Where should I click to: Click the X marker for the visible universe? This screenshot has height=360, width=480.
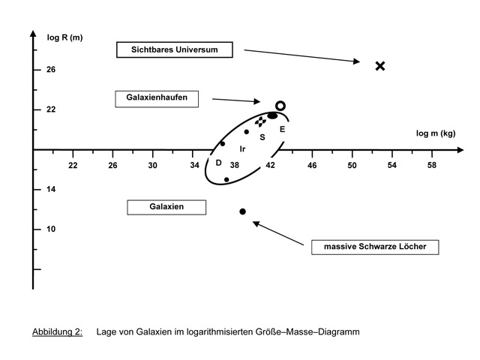click(x=380, y=66)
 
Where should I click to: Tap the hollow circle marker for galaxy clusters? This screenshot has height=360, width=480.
click(x=280, y=106)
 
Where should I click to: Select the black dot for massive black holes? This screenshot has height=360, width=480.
click(x=242, y=211)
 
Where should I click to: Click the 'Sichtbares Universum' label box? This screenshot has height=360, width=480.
click(x=175, y=49)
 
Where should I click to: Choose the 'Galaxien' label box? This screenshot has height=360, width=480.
click(x=166, y=206)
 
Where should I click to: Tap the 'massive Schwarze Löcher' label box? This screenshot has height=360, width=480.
click(x=374, y=246)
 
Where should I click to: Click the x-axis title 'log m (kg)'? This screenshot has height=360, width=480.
click(x=436, y=133)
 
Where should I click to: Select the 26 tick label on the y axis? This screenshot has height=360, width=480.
click(x=52, y=70)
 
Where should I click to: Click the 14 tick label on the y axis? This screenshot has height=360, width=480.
click(x=52, y=189)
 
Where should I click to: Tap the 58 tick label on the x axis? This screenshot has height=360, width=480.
click(x=432, y=164)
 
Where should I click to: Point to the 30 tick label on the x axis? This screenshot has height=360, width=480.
click(x=153, y=164)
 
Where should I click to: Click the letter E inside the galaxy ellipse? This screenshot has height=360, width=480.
click(x=283, y=129)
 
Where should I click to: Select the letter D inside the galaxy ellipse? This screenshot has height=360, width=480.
click(x=218, y=163)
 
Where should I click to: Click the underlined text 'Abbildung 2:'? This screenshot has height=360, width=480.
click(x=57, y=331)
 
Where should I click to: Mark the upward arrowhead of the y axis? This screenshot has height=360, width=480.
click(x=33, y=34)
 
